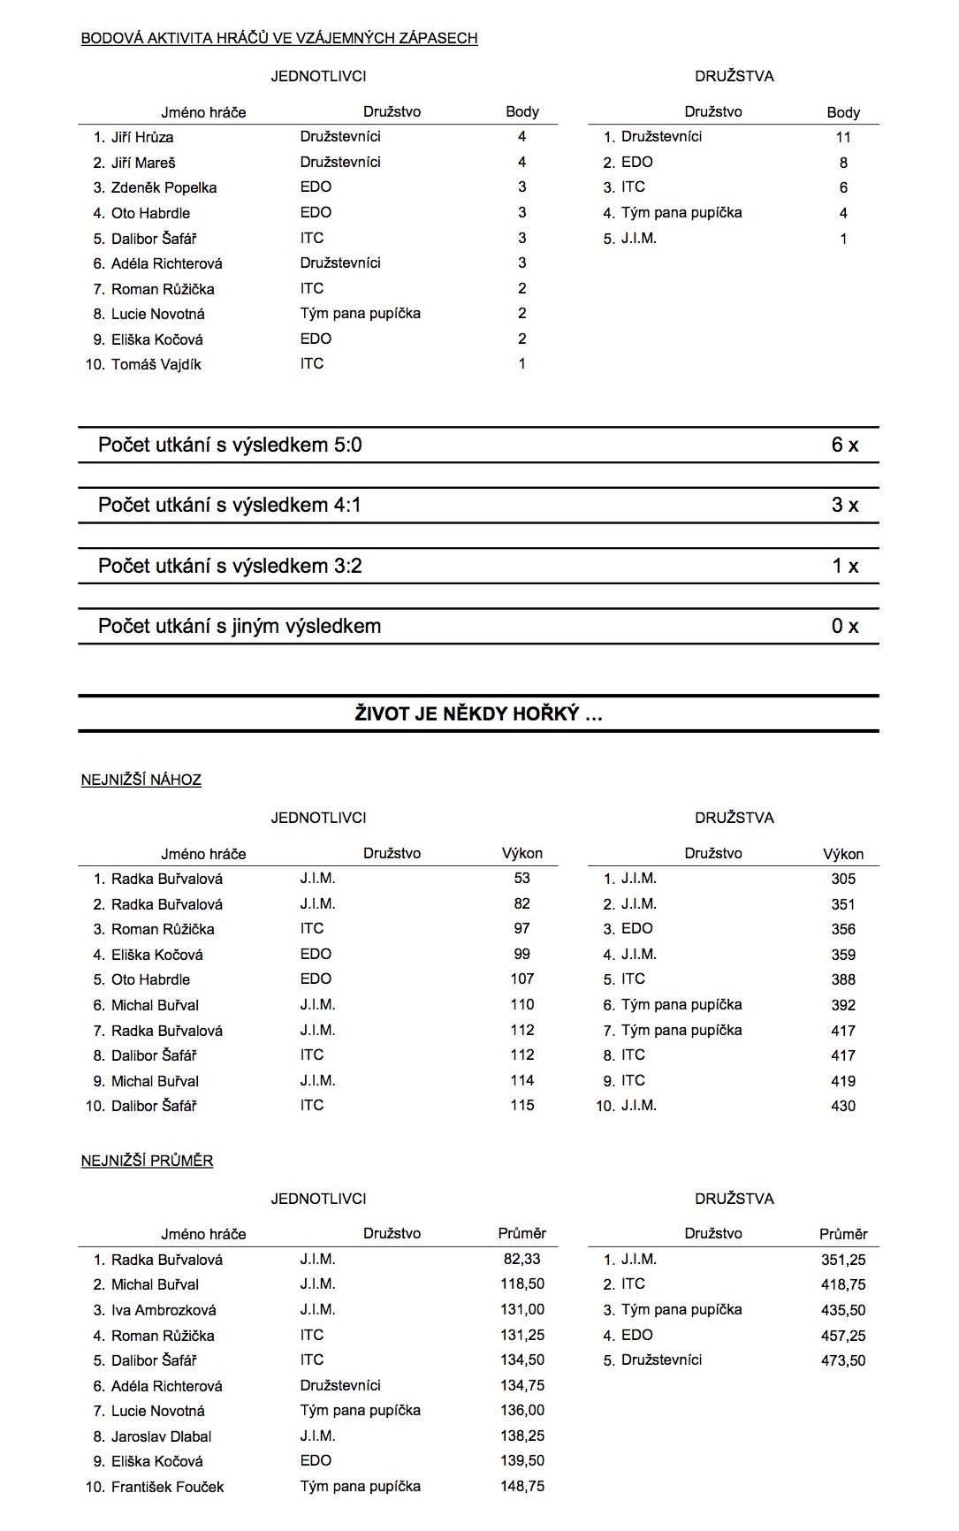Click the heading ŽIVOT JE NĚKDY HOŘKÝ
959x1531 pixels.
[x=478, y=714]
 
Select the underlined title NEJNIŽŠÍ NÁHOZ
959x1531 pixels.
[x=141, y=780]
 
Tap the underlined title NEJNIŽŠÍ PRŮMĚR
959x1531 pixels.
[x=147, y=1161]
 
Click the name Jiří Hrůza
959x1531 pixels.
[x=142, y=137]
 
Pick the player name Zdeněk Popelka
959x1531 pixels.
[x=164, y=187]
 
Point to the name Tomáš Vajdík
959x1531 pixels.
[x=156, y=364]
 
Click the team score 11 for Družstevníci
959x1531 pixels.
[x=842, y=137]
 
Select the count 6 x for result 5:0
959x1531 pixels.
[x=844, y=445]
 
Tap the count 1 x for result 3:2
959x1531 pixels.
[x=844, y=566]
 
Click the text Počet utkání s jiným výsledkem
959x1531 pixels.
[x=240, y=626]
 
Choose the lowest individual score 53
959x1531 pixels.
[x=521, y=879]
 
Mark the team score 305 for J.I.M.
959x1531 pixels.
[x=842, y=879]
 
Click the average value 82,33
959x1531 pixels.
[x=521, y=1259]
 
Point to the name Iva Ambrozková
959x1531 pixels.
[x=164, y=1310]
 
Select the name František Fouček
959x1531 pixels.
[x=167, y=1487]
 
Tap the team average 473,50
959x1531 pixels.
[x=842, y=1360]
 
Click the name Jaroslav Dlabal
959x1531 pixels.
[x=161, y=1436]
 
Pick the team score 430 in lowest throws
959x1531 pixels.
[x=842, y=1106]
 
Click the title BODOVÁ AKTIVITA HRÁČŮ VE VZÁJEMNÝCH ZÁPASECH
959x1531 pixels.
[x=279, y=38]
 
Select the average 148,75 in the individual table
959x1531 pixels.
[x=521, y=1487]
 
